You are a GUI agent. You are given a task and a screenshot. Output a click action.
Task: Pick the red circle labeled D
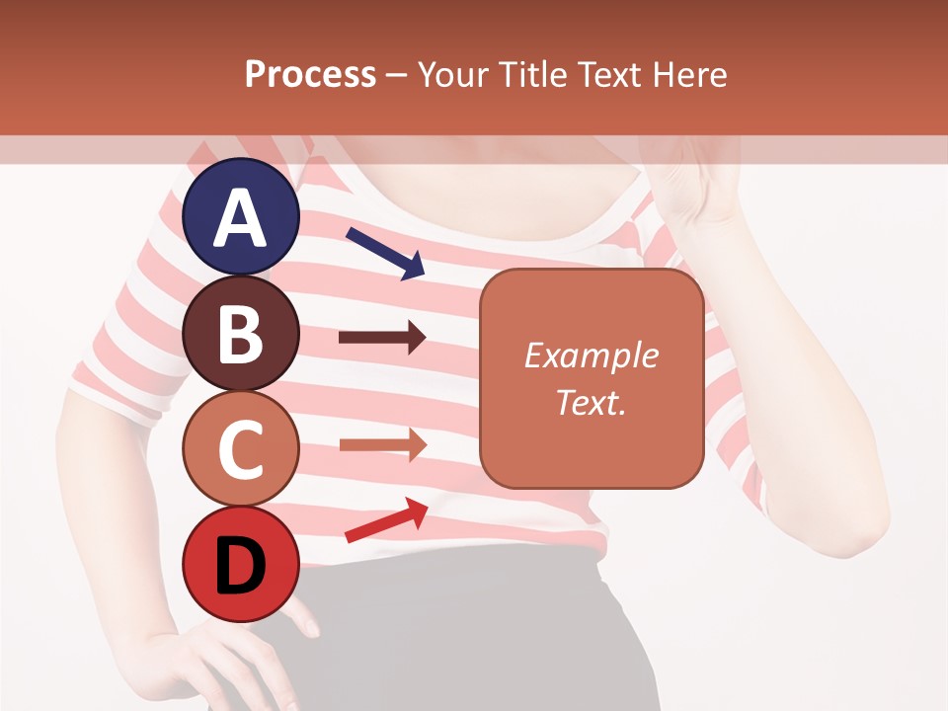pyautogui.click(x=241, y=564)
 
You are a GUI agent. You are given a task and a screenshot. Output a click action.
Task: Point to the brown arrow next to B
pyautogui.click(x=382, y=338)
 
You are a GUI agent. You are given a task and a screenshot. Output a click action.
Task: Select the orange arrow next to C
pyautogui.click(x=382, y=444)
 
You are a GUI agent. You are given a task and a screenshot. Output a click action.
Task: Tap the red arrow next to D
pyautogui.click(x=386, y=520)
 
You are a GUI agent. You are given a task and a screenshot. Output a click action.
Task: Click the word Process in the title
pyautogui.click(x=310, y=75)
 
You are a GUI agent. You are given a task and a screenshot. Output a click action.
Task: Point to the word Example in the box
pyautogui.click(x=591, y=355)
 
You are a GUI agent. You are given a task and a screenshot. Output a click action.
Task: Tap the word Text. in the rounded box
pyautogui.click(x=591, y=402)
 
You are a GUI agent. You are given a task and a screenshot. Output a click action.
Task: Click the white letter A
pyautogui.click(x=241, y=218)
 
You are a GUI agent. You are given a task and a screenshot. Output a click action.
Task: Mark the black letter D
pyautogui.click(x=241, y=565)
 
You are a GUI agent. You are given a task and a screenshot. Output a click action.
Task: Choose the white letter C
pyautogui.click(x=241, y=449)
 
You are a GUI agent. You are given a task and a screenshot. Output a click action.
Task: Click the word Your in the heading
pyautogui.click(x=450, y=75)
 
